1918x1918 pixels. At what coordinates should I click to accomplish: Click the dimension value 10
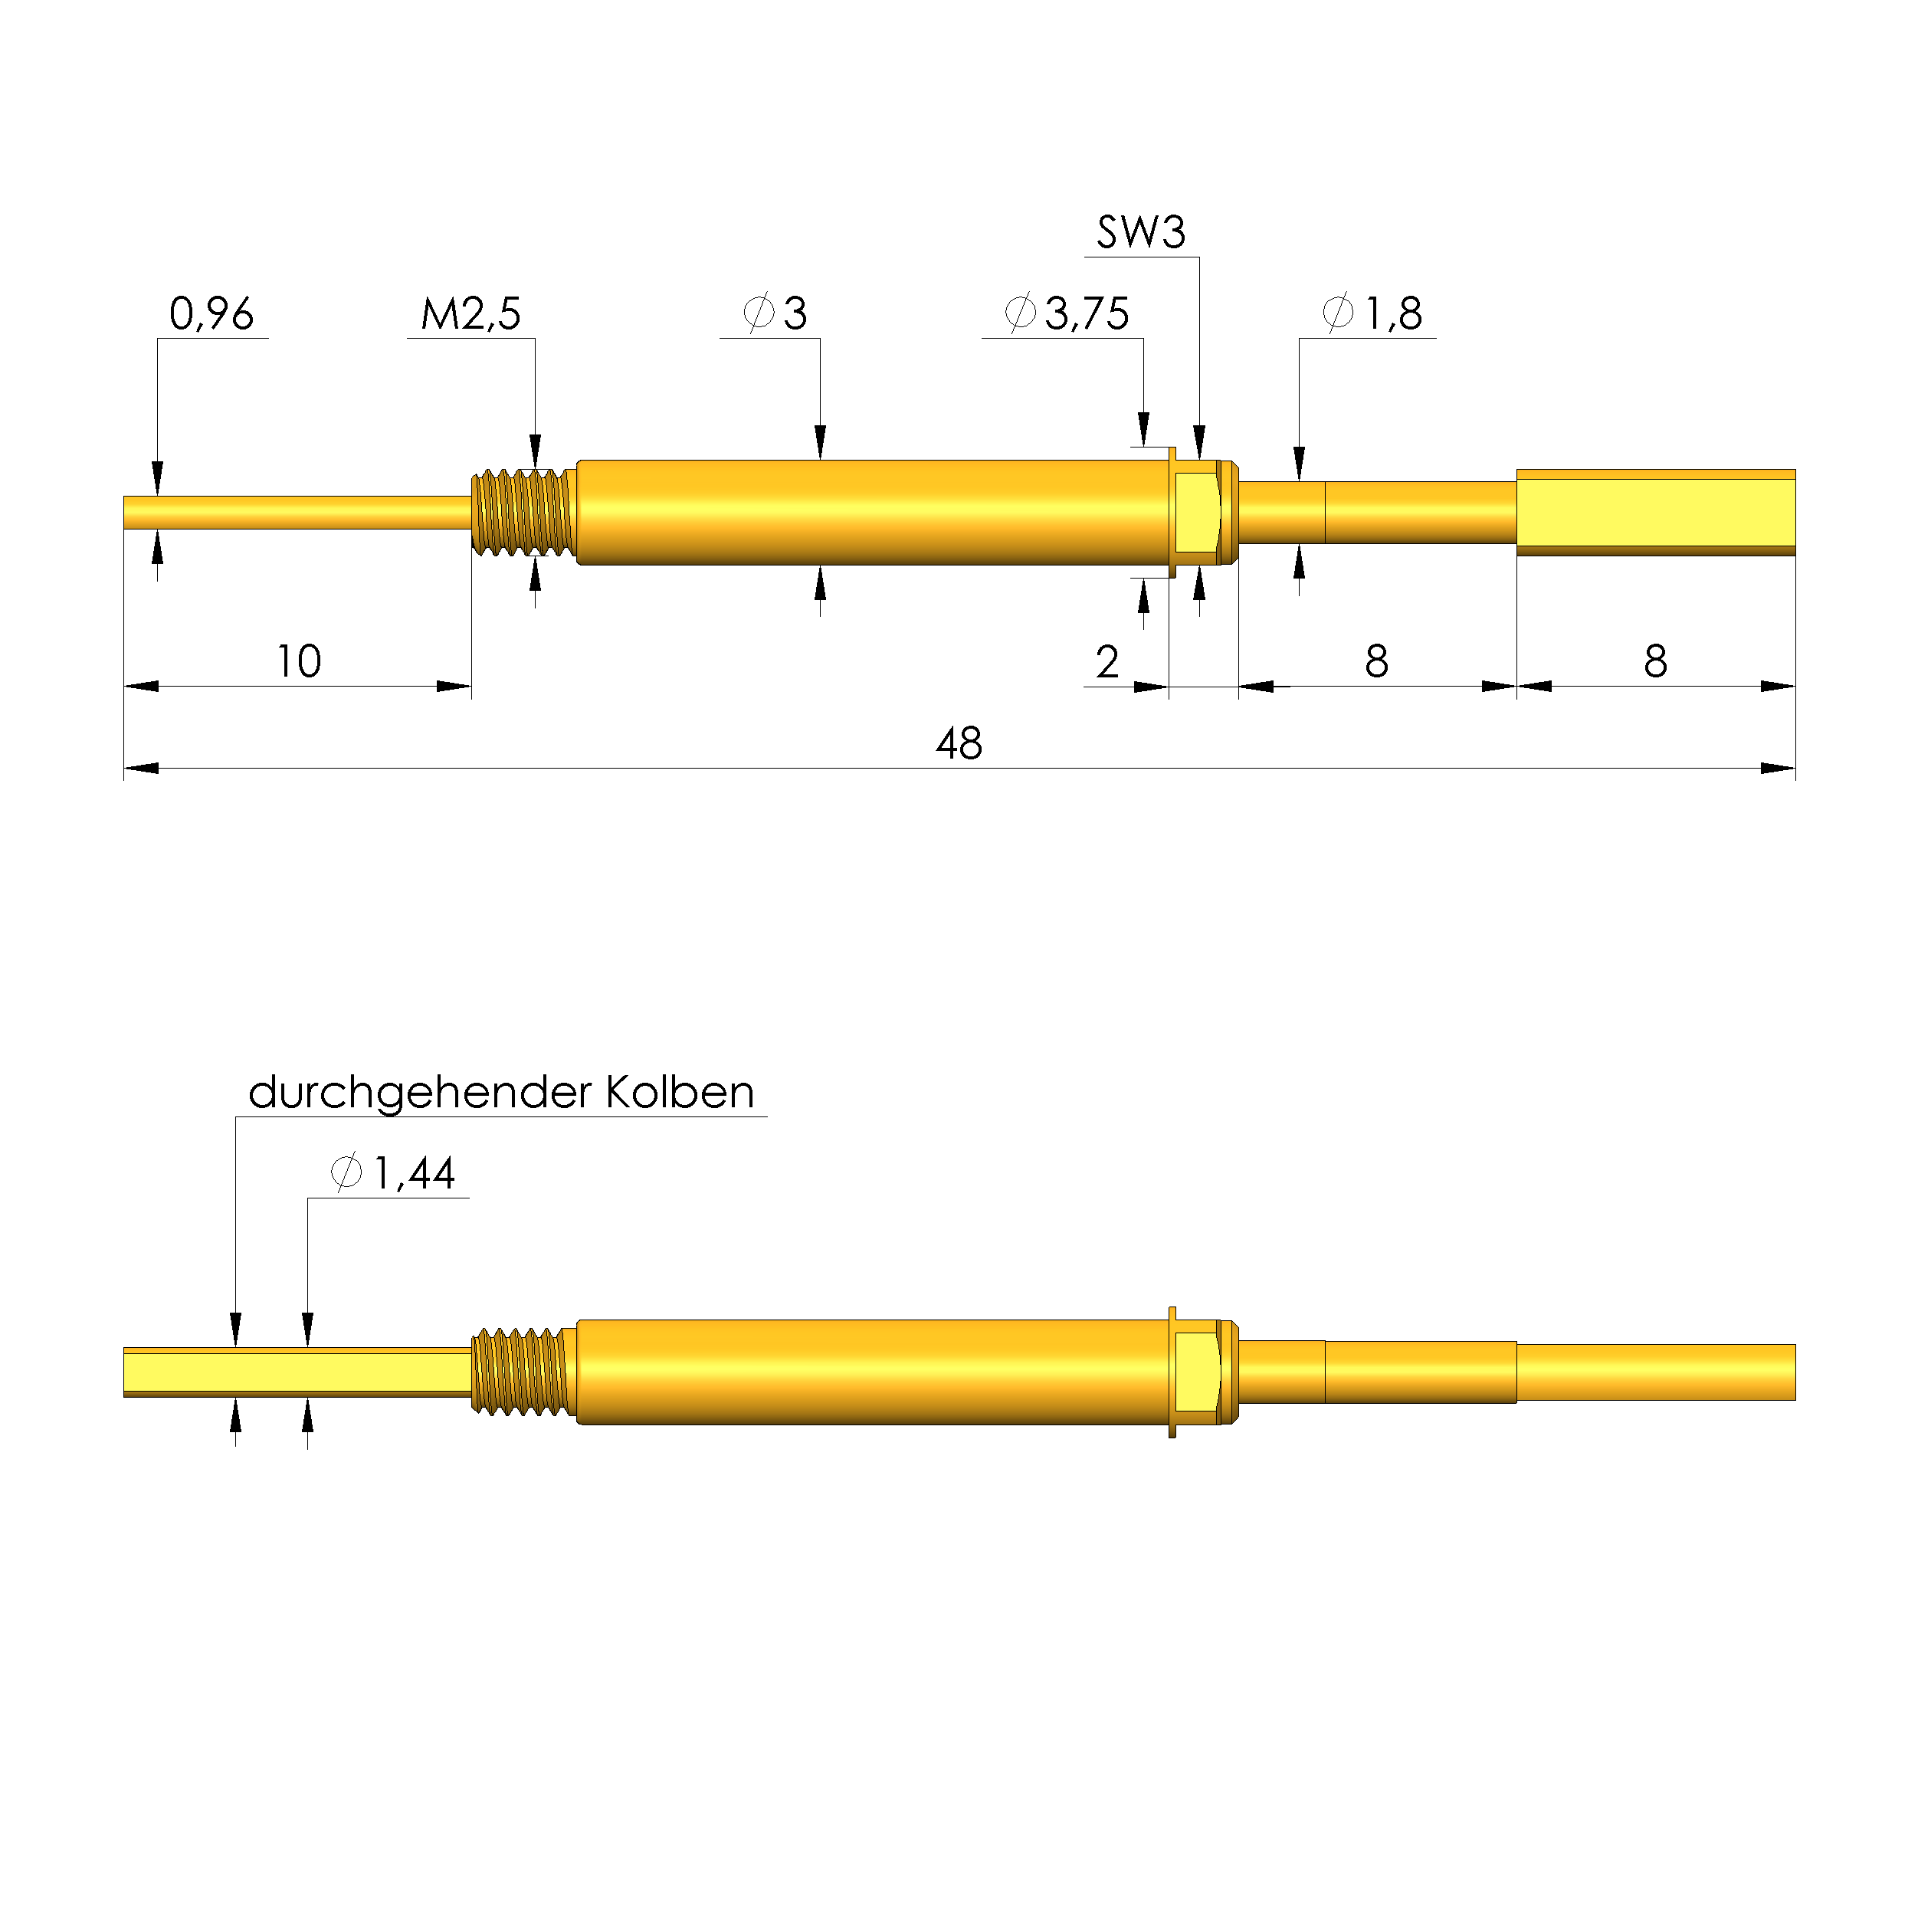pyautogui.click(x=298, y=661)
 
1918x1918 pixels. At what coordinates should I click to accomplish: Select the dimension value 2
pyautogui.click(x=1107, y=662)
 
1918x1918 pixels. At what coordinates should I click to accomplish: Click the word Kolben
pyautogui.click(x=680, y=1092)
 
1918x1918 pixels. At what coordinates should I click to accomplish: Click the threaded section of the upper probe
pyautogui.click(x=523, y=513)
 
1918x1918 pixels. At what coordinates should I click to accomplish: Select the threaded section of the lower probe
pyautogui.click(x=523, y=1372)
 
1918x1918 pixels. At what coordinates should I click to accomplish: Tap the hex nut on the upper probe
pyautogui.click(x=1197, y=513)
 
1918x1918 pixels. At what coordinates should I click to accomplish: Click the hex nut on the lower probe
pyautogui.click(x=1197, y=1372)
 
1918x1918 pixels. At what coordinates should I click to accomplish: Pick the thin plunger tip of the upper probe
pyautogui.click(x=298, y=513)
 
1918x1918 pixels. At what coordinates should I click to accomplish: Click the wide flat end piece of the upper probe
pyautogui.click(x=1655, y=513)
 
